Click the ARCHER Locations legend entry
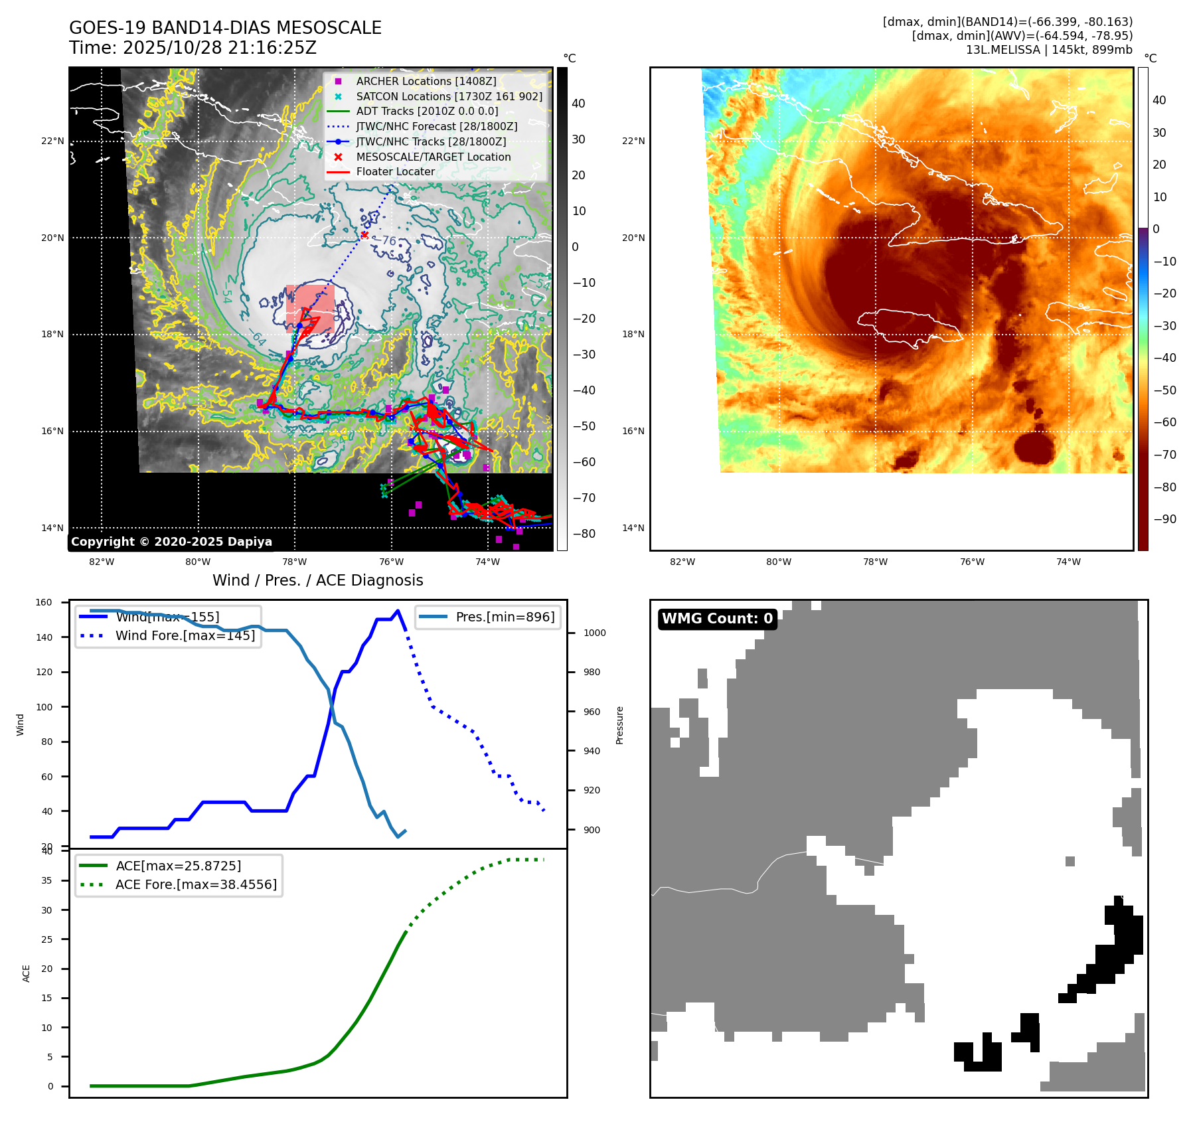(x=426, y=81)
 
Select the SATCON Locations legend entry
(x=449, y=96)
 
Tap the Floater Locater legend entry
(x=395, y=171)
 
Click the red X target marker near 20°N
(x=364, y=234)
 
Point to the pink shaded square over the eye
(x=310, y=309)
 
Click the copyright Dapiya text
(x=171, y=542)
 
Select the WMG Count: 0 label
(x=717, y=619)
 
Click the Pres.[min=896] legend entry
(x=505, y=617)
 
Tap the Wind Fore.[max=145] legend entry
(x=185, y=635)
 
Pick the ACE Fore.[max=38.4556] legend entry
(x=196, y=884)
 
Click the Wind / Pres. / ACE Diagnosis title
(x=317, y=580)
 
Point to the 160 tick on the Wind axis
(x=44, y=603)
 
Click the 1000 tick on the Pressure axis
(x=594, y=633)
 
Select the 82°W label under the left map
(x=102, y=562)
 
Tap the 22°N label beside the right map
(x=633, y=141)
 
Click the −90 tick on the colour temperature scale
(x=1164, y=519)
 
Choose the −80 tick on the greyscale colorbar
(x=584, y=534)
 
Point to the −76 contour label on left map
(x=388, y=240)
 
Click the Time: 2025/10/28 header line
(x=193, y=48)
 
